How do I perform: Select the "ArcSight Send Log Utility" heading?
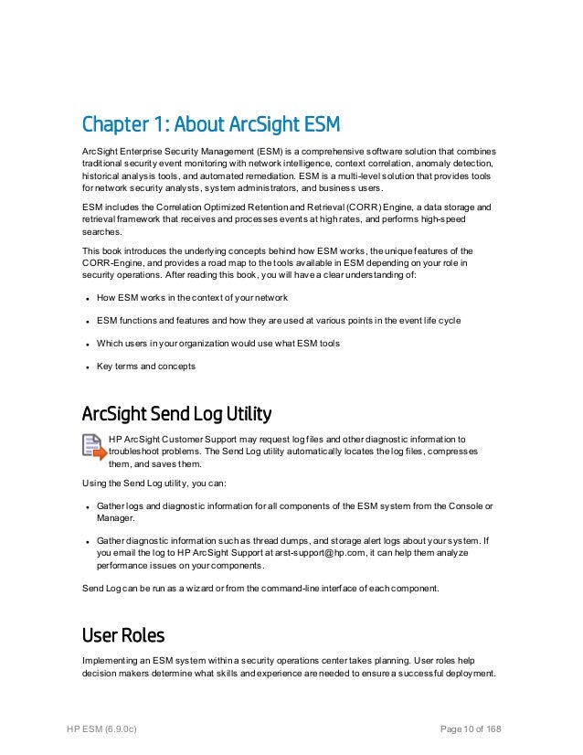coord(176,415)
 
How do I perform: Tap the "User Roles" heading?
coord(123,633)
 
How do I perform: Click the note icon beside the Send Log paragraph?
coord(93,447)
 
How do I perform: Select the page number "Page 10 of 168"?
coord(471,728)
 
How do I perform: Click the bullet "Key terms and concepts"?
coord(145,367)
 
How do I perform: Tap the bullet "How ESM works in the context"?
coord(192,297)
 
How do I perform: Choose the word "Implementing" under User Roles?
coord(111,661)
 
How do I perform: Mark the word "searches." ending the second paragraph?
coord(103,232)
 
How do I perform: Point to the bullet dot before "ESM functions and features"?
coord(85,321)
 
